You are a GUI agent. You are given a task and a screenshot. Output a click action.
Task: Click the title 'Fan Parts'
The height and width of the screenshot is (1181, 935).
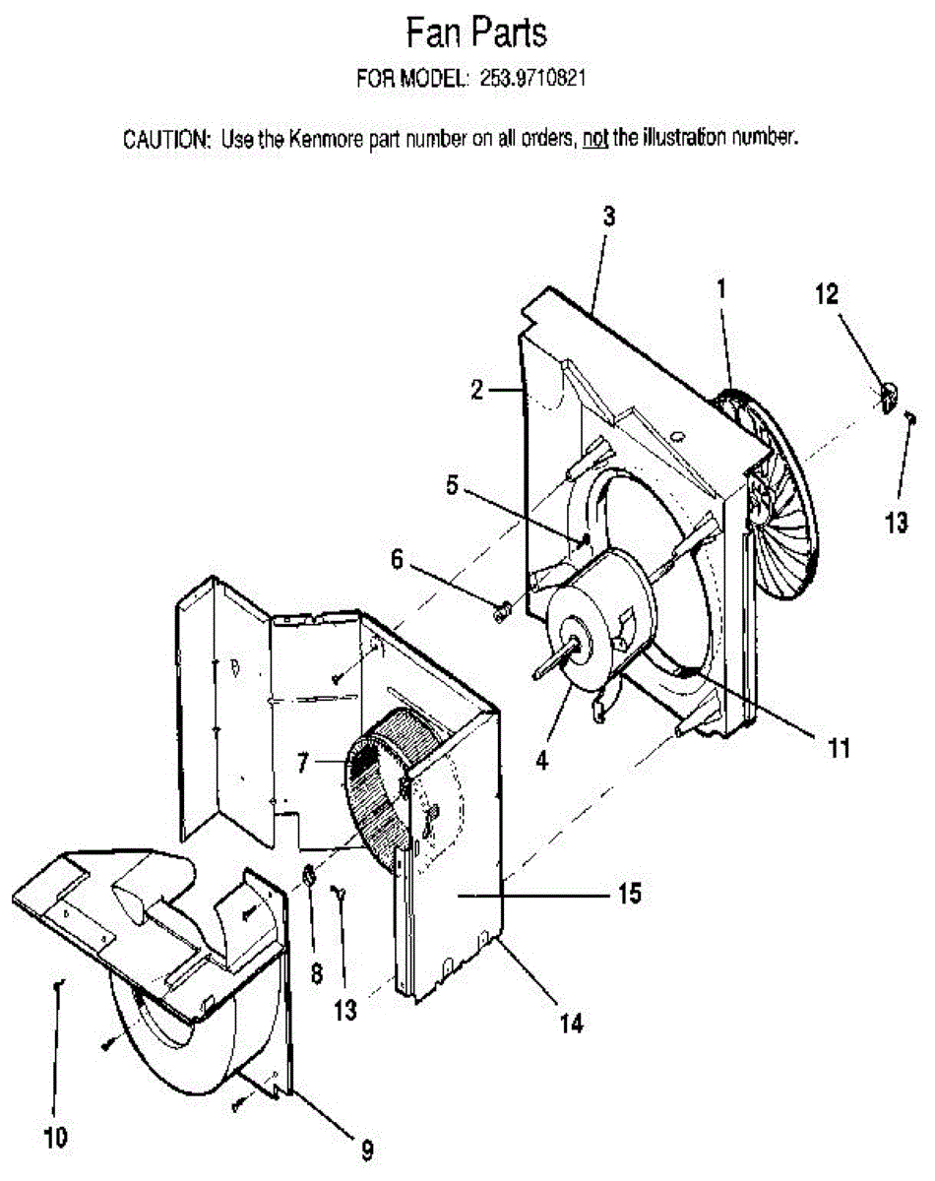[476, 34]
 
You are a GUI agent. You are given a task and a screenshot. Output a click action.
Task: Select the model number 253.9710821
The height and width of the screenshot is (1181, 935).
[530, 79]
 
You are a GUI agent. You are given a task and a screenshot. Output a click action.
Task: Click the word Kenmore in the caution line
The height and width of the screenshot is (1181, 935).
[326, 139]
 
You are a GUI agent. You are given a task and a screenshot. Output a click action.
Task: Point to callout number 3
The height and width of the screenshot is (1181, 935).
[609, 218]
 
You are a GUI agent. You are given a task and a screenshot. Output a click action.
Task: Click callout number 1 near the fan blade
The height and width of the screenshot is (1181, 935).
[721, 289]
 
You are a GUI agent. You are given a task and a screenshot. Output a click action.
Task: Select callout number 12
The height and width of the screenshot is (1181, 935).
[826, 292]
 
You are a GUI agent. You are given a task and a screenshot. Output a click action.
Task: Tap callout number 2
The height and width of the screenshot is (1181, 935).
[477, 391]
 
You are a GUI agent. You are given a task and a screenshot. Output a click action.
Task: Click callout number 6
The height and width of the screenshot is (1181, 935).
[397, 558]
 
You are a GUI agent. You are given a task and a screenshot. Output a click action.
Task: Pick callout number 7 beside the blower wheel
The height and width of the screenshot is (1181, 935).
[303, 761]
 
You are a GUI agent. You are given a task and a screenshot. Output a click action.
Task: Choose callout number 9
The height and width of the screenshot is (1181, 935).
[366, 1148]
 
